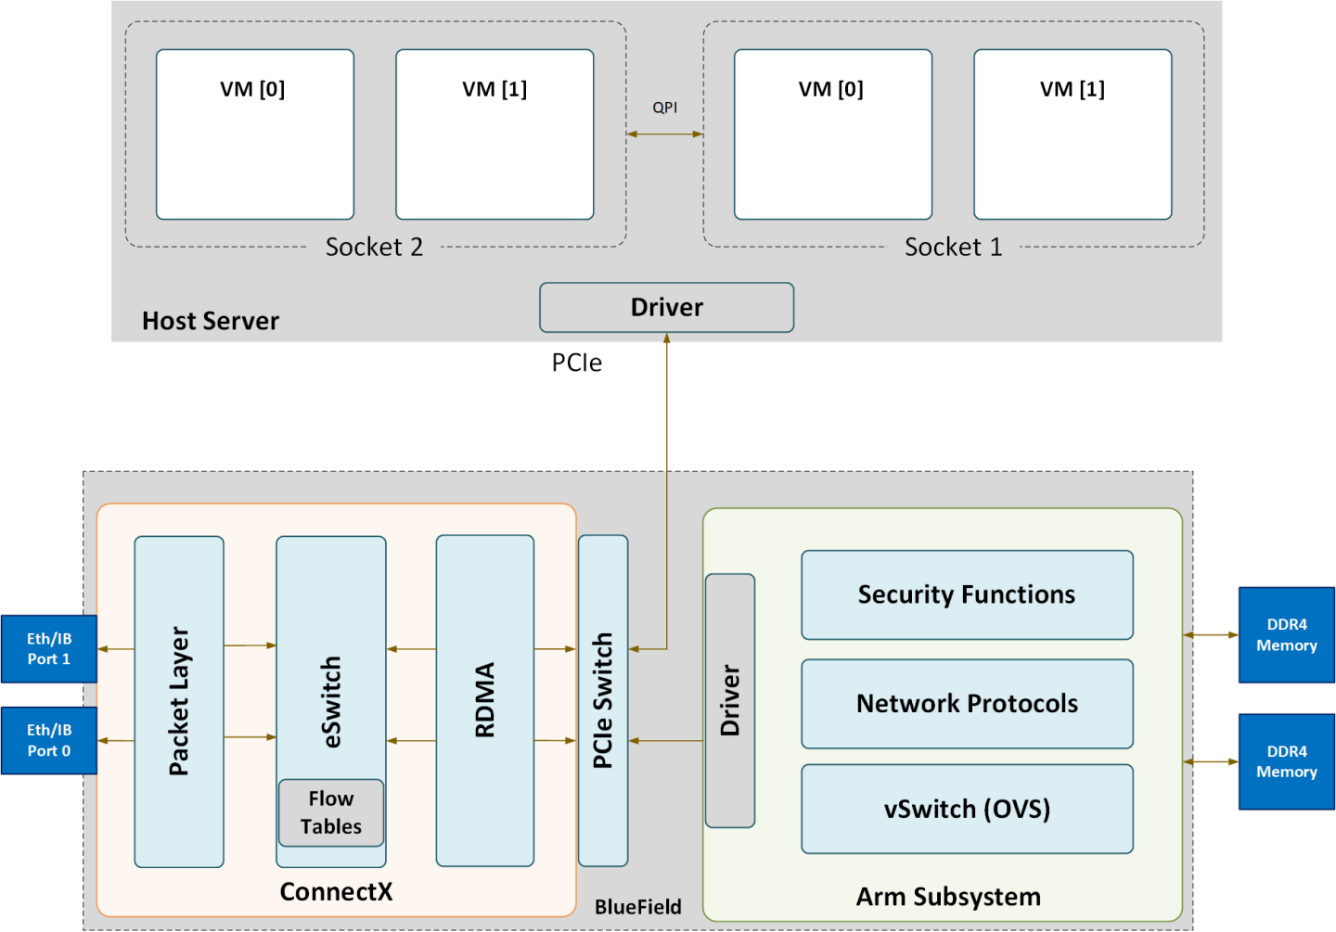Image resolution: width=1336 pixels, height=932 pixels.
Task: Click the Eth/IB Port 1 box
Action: [x=48, y=649]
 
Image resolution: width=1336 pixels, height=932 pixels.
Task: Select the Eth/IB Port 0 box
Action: [x=48, y=740]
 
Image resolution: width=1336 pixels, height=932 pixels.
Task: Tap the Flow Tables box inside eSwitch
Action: [x=331, y=812]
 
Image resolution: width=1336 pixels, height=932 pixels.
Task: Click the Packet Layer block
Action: [x=179, y=701]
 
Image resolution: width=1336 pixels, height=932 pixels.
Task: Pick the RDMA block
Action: [x=484, y=700]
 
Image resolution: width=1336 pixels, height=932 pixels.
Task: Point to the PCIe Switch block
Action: [x=603, y=700]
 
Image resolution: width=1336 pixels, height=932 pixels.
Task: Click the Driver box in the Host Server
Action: [x=666, y=307]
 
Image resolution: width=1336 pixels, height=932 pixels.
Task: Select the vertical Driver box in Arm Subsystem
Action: [x=730, y=700]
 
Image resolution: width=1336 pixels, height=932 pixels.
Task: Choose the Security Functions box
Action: [x=967, y=594]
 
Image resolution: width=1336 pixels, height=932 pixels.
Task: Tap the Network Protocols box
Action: [x=967, y=704]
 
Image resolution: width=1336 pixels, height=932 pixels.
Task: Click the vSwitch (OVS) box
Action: [x=967, y=809]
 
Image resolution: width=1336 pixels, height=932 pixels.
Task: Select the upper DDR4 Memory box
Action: [x=1286, y=635]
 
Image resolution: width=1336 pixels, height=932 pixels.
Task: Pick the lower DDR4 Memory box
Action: [x=1286, y=761]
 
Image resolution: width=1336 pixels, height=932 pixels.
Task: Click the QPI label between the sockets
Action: [x=664, y=108]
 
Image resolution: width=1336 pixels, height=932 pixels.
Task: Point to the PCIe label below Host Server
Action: [x=576, y=363]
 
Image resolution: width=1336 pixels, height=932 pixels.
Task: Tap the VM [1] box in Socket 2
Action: [x=495, y=134]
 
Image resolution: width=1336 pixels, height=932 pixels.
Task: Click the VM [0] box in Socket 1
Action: [x=832, y=134]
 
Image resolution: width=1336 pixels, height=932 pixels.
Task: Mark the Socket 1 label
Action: [x=953, y=248]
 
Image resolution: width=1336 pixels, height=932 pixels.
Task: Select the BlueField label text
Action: [x=637, y=907]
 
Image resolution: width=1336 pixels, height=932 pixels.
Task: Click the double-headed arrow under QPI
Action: [x=664, y=134]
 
